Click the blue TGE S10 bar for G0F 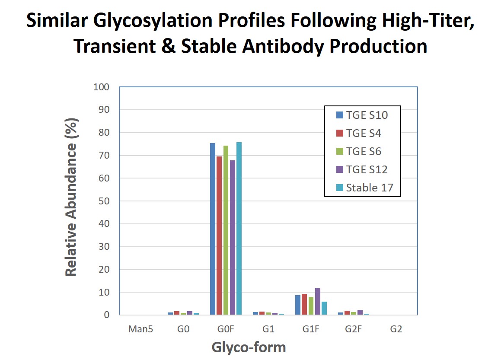pos(213,229)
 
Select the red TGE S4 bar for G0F pos(219,236)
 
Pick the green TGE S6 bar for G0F pos(226,230)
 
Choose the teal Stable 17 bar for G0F pos(239,229)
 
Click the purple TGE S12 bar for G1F pos(318,301)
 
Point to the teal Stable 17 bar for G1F pos(324,308)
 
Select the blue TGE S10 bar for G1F pos(298,305)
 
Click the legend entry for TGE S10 pos(362,115)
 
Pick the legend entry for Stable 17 pos(362,188)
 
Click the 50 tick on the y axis pos(104,201)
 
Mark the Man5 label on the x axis pos(140,329)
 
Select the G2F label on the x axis pos(353,329)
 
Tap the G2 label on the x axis pos(396,329)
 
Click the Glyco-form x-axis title pos(249,347)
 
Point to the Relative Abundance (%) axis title pos(71,198)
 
